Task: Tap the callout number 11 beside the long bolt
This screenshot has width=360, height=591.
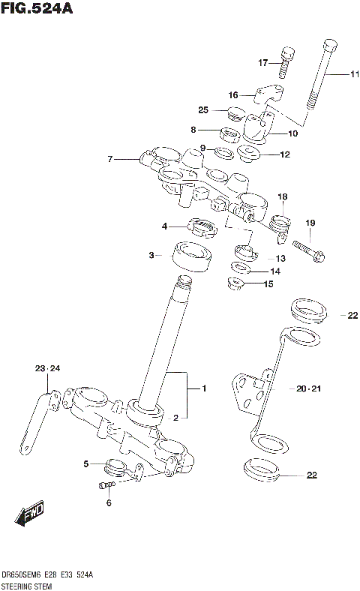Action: pos(354,73)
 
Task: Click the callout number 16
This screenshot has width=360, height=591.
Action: pos(233,95)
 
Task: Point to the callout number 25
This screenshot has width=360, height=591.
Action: pos(203,110)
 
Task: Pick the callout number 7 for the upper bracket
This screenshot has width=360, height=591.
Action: pos(109,159)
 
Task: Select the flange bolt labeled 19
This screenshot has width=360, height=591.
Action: pos(309,252)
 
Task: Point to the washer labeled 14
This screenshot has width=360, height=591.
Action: pos(241,268)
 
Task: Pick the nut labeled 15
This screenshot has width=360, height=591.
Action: pos(236,283)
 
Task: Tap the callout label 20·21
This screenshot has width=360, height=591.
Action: pos(307,389)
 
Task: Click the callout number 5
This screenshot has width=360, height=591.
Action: pos(86,463)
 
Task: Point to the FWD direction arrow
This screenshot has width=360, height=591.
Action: pos(28,516)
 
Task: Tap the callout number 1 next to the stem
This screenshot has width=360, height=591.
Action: pos(202,388)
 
